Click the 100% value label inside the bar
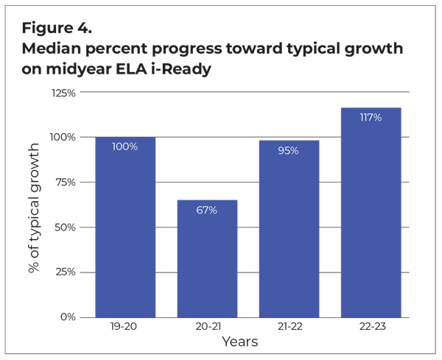[125, 147]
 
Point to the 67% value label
[207, 210]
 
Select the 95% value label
[289, 150]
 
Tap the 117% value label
[371, 118]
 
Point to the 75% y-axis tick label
[64, 183]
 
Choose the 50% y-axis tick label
[64, 227]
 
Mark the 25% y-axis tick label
[64, 272]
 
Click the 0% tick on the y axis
[67, 317]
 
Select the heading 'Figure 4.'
[56, 28]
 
